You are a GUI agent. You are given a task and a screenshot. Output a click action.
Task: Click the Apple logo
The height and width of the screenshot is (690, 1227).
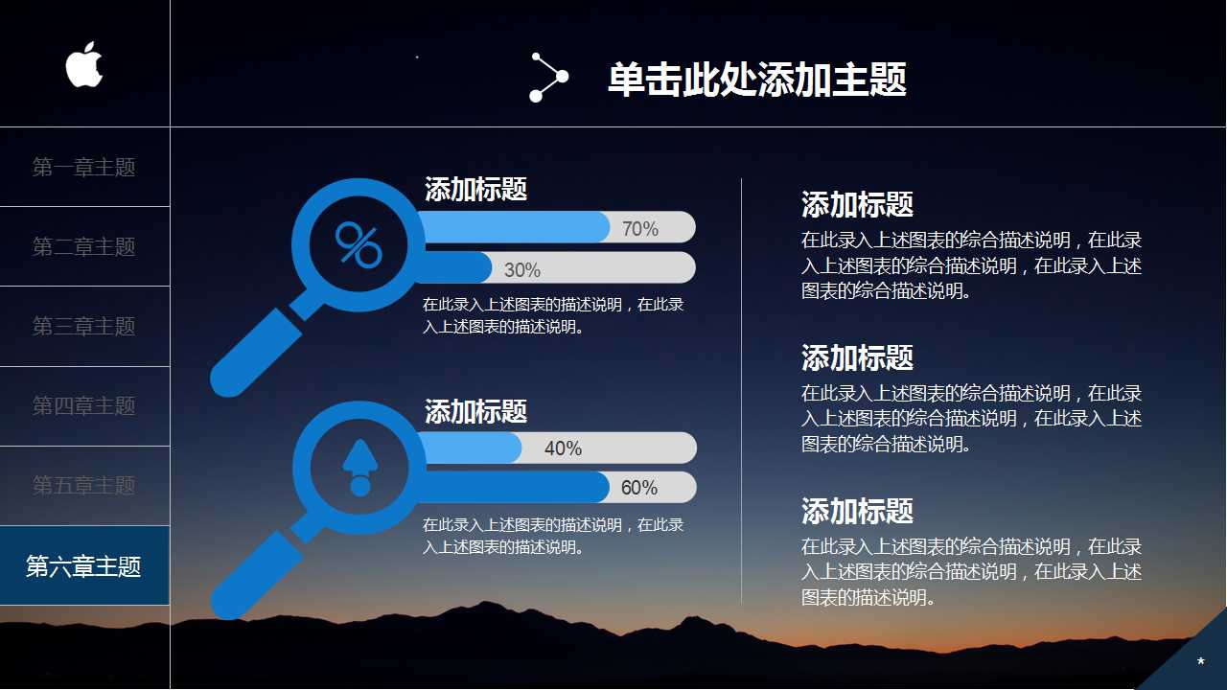[x=84, y=65]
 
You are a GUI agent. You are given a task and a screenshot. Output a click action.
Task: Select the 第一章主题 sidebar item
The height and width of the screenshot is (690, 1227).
[x=84, y=168]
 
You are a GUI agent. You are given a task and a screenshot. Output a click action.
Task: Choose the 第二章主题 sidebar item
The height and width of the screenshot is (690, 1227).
[x=84, y=247]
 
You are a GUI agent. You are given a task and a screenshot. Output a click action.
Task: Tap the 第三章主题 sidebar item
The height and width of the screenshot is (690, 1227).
[x=84, y=327]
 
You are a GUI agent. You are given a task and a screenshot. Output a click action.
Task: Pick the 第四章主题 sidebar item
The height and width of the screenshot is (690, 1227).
[x=84, y=406]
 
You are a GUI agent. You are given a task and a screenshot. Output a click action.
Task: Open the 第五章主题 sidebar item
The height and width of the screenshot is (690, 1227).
[x=84, y=486]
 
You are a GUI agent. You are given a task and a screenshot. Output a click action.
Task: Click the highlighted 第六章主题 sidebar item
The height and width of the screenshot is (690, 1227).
[x=84, y=566]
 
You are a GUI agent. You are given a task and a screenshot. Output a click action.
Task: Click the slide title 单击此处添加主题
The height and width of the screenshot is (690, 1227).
[x=757, y=80]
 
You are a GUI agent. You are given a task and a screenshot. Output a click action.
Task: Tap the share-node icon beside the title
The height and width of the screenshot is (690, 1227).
[x=548, y=78]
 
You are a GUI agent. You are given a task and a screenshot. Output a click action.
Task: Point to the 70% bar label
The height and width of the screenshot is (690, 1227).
[x=640, y=229]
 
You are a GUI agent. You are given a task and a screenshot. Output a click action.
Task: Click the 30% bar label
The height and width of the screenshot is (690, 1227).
[x=522, y=270]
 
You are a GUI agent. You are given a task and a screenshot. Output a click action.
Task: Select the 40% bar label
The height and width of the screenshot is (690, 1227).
[x=563, y=448]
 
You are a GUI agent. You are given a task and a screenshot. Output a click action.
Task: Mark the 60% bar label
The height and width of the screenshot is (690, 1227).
[x=639, y=488]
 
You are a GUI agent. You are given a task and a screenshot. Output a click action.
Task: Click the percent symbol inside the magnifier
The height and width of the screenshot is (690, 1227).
[x=359, y=246]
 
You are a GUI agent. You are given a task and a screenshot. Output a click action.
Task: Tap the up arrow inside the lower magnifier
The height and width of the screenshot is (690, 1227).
[x=359, y=468]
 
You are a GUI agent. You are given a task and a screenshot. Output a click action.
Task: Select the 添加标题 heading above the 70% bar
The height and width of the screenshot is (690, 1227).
[x=475, y=190]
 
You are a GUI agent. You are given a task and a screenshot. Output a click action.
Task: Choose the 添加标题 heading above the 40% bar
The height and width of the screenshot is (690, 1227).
[x=475, y=412]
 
